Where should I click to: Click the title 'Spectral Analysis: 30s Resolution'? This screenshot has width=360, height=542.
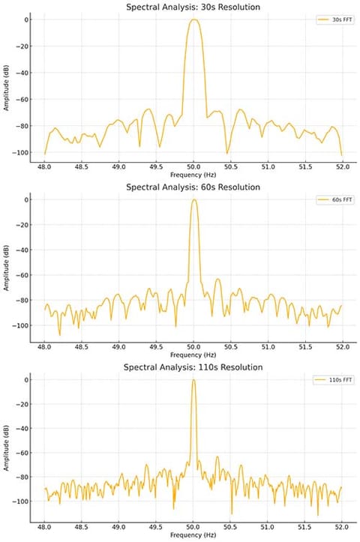pos(193,7)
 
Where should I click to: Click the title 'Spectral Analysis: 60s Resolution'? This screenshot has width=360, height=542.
pos(193,187)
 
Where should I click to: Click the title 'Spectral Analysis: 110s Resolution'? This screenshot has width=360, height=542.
pos(193,367)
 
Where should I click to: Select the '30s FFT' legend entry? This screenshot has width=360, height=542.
pos(335,19)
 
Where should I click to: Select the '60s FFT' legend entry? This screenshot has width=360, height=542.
pos(335,200)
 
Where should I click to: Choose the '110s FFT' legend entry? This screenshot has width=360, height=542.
pos(334,380)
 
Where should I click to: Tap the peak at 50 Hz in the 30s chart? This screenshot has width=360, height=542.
pos(193,19)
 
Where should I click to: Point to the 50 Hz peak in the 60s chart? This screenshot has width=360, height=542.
pos(194,200)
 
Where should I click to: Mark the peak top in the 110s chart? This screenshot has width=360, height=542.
pos(193,380)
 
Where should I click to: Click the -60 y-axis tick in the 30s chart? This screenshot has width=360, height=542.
pos(22,99)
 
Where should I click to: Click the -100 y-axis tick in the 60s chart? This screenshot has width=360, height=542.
pos(19,325)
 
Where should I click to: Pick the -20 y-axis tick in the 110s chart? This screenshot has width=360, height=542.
pos(22,404)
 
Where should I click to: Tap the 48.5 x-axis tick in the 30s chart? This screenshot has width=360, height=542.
pos(81,167)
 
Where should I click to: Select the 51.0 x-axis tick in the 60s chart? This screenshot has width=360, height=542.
pos(268,347)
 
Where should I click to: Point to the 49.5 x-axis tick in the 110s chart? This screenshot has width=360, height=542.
pos(156,527)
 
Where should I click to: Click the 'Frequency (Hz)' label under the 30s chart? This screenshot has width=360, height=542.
pos(193,175)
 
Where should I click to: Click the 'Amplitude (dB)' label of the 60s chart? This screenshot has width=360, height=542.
pos(6,268)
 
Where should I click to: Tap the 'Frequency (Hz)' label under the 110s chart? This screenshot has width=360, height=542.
pos(193,535)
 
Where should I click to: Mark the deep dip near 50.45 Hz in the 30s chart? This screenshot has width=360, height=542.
pos(226,153)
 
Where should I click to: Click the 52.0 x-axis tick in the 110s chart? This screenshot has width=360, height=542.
pos(342,527)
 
